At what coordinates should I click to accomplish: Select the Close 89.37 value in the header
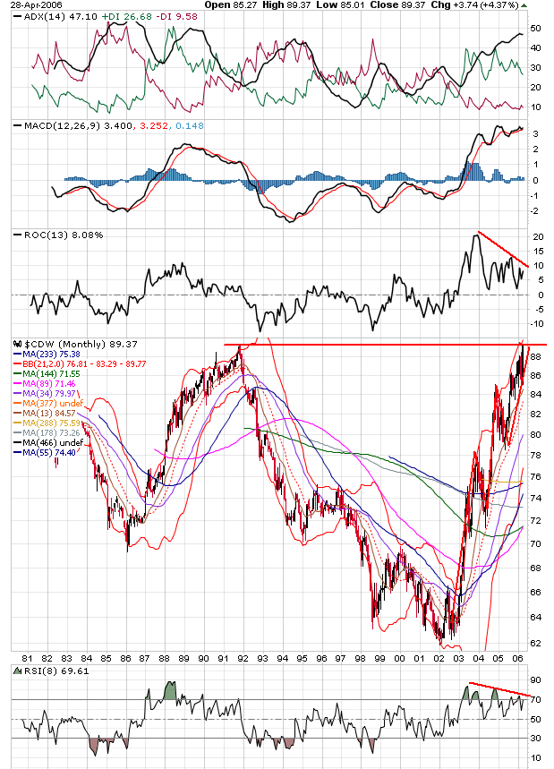405,4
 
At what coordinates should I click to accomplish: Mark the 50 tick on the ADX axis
536,29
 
